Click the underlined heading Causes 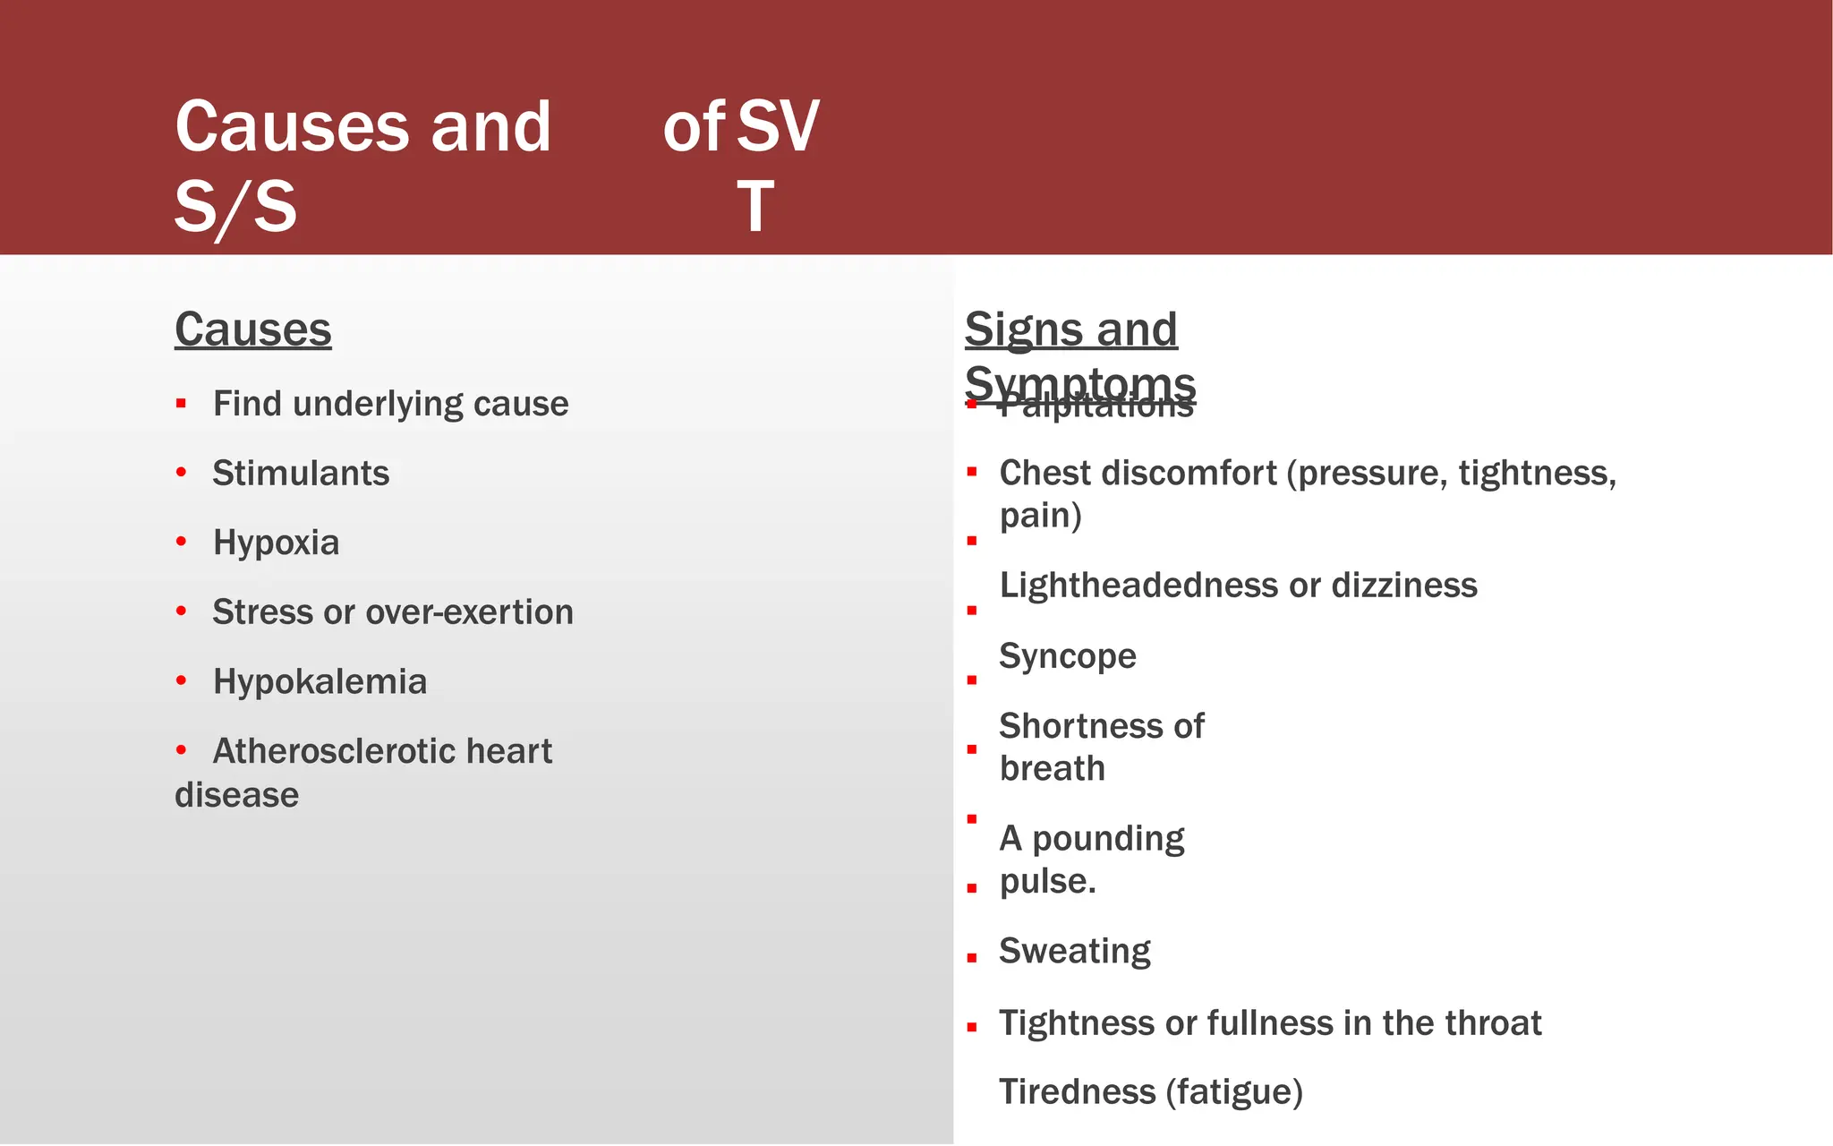252,329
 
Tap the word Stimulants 301,474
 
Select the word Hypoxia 276,543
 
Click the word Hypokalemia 320,682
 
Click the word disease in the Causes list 236,795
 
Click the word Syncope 1067,656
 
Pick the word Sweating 1074,951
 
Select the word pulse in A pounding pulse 1045,882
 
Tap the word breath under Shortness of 1052,769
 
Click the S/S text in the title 234,207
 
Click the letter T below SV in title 755,207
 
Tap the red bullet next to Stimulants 182,473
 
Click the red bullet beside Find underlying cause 182,404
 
